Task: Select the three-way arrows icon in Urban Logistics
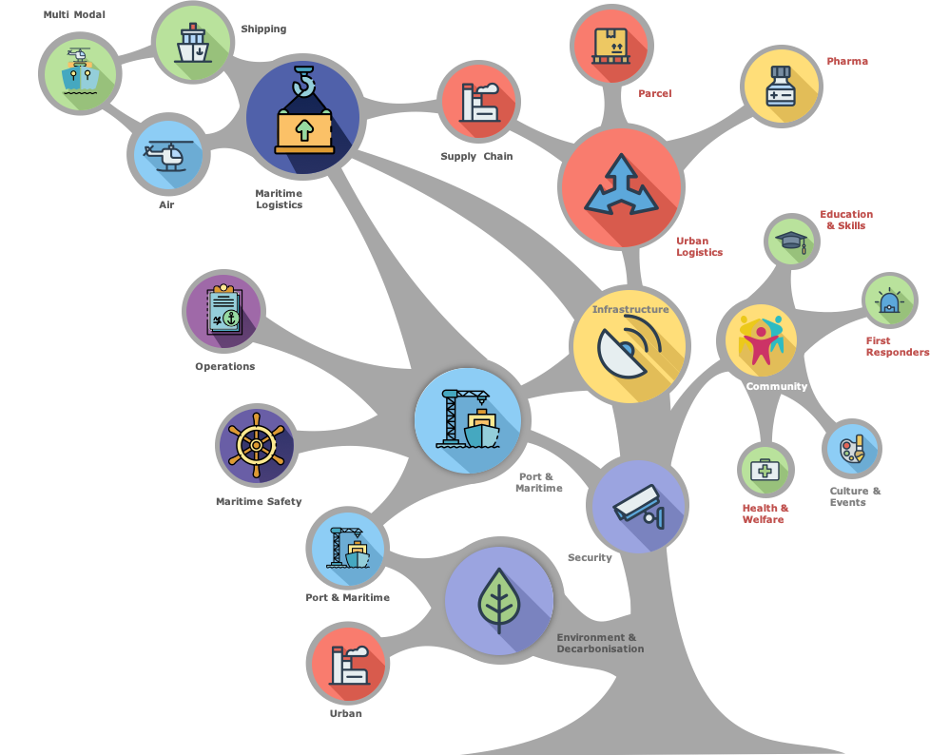621,185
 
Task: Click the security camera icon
638,505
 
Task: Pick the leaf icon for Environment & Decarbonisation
498,600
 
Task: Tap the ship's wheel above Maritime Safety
256,444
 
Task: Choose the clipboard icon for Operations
223,310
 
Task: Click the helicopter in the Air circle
167,154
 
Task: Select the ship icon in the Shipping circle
192,43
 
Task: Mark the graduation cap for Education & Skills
791,241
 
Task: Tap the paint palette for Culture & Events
851,448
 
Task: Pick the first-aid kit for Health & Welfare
765,470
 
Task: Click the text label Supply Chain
475,156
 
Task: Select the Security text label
590,557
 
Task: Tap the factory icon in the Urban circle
346,665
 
